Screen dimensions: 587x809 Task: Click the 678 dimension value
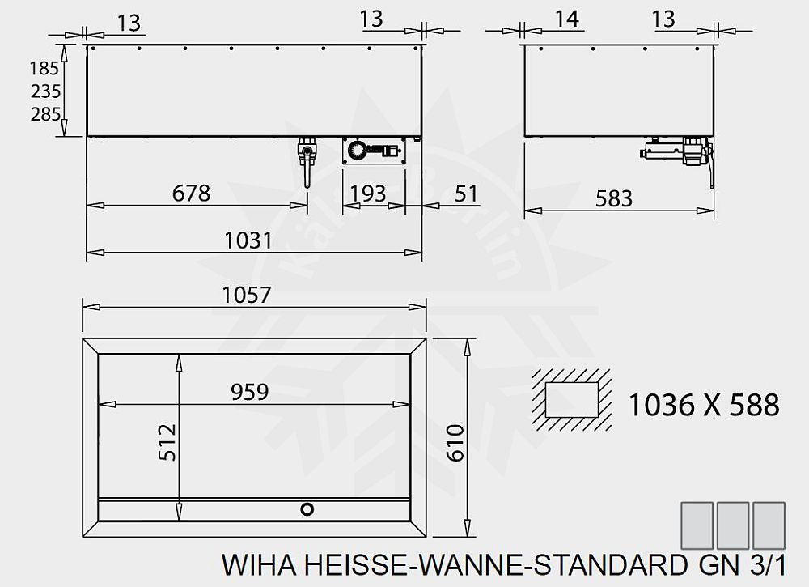[x=191, y=194]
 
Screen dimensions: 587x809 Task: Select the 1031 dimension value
[x=248, y=240]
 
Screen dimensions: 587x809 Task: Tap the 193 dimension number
[x=368, y=194]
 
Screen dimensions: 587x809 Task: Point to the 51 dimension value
[x=467, y=194]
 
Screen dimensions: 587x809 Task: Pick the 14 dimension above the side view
[x=568, y=19]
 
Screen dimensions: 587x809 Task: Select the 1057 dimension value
[x=248, y=295]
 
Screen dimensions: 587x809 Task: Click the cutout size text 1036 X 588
[x=704, y=404]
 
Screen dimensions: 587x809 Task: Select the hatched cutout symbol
[x=572, y=401]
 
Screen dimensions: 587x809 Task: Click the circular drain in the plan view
[x=307, y=508]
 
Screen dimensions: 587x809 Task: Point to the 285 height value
[x=45, y=114]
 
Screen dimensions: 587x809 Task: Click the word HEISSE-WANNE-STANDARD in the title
[x=489, y=564]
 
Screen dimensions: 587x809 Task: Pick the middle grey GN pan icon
[x=733, y=524]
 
